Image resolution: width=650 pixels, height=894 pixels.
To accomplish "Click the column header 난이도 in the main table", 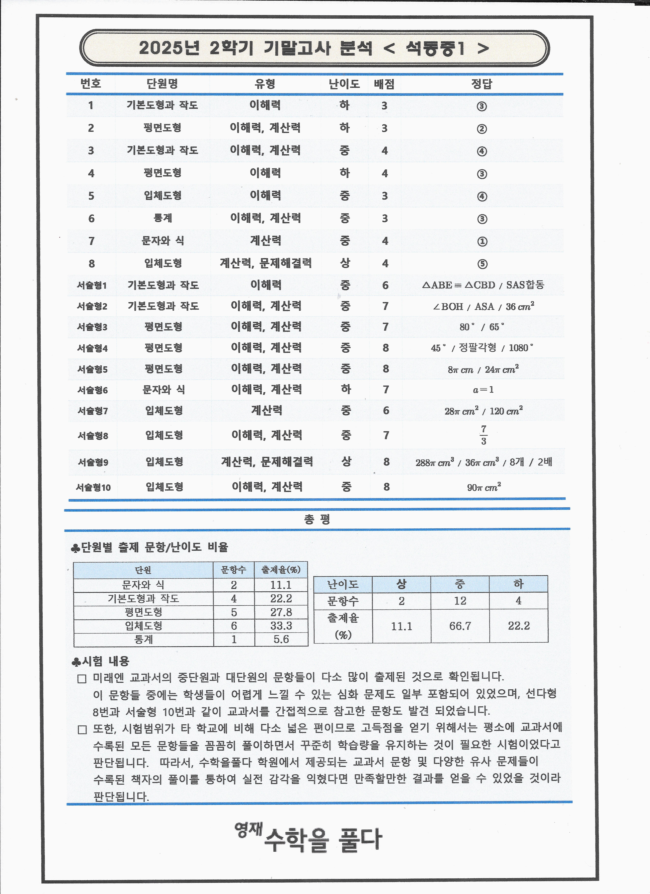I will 344,84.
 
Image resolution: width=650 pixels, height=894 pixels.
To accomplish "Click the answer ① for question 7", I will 482,241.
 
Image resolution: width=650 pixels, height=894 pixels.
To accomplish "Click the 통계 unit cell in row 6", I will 163,218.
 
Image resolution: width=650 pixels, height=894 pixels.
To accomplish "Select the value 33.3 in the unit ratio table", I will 281,626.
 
